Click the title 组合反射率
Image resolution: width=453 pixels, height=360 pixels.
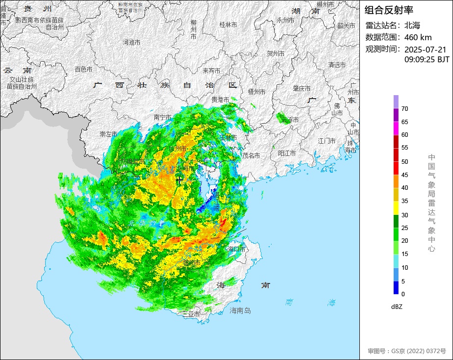[389, 10]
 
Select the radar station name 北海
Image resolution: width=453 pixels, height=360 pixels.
[412, 26]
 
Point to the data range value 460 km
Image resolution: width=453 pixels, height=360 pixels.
[418, 37]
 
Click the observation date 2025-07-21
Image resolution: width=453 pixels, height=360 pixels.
[425, 50]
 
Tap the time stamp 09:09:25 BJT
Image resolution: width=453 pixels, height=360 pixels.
[427, 59]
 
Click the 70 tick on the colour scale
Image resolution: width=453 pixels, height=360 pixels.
[404, 108]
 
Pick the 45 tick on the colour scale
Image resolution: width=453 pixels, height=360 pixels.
[404, 175]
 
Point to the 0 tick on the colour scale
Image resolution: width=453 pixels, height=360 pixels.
[403, 294]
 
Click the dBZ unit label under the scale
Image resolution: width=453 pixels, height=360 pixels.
[397, 307]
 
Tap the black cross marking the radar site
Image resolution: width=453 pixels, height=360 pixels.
[179, 180]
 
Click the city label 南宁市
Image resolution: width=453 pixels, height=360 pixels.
[162, 117]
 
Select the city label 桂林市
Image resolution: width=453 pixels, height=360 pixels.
[228, 25]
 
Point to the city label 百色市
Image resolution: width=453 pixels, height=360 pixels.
[83, 70]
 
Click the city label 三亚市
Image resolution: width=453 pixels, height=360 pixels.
[191, 313]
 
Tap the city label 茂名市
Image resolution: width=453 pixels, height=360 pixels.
[251, 155]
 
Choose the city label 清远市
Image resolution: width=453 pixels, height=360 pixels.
[337, 65]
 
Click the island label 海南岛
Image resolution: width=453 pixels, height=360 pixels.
[240, 310]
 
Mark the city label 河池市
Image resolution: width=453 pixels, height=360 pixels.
[131, 43]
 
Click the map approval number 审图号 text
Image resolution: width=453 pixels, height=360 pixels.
[407, 351]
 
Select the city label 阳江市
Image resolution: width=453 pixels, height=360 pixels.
[287, 153]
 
